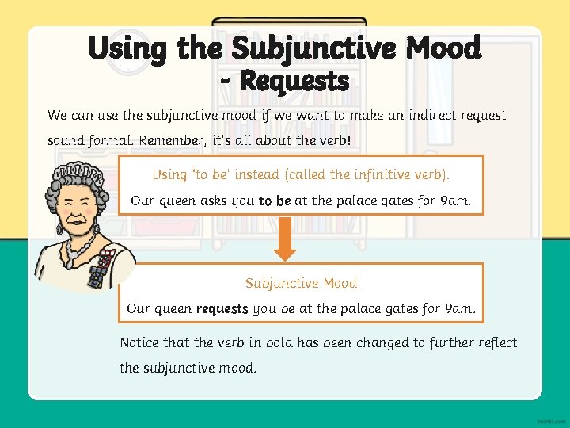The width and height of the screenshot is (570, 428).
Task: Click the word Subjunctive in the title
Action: click(313, 49)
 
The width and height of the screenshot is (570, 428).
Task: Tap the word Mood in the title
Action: click(443, 49)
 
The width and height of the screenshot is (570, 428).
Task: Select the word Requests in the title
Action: click(294, 80)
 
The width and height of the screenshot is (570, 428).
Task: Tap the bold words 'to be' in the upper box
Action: click(275, 201)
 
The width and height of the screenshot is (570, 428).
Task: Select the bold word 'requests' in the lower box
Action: click(222, 308)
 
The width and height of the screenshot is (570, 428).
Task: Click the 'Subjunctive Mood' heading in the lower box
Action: click(301, 283)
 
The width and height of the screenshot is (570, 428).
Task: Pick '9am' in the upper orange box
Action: click(455, 201)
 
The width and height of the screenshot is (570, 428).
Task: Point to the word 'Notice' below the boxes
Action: click(139, 342)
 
